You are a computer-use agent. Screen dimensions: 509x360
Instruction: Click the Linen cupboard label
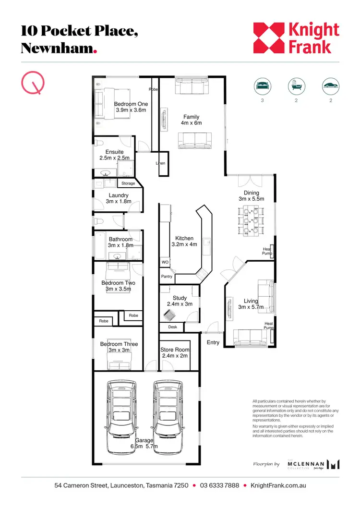tap(160, 164)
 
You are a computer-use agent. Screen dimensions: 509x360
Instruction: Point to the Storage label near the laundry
tap(128, 183)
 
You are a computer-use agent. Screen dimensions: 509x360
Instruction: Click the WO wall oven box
tap(164, 263)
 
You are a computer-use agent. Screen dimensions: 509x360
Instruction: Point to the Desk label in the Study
tap(172, 327)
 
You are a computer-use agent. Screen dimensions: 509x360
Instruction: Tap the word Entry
tap(213, 342)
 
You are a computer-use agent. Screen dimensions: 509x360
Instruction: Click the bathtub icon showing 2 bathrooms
tap(296, 86)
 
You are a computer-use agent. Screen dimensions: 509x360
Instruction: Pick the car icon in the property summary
tap(330, 86)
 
